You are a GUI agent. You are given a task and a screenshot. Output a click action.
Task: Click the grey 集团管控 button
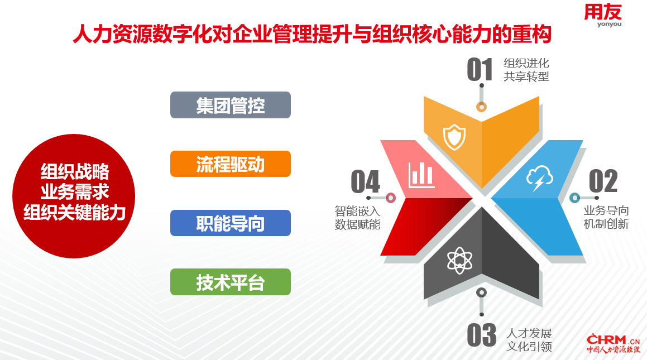point(230,105)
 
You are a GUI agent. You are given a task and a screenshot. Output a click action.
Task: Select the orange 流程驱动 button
point(230,164)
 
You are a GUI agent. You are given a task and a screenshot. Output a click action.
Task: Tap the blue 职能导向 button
point(230,223)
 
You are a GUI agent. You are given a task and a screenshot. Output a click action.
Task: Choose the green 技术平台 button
point(230,282)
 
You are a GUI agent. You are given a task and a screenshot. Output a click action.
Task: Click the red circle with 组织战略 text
point(74,196)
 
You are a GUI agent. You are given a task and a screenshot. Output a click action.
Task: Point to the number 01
point(480,69)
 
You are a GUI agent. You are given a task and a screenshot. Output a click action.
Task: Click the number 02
point(603,181)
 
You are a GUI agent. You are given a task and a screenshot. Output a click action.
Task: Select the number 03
point(481,335)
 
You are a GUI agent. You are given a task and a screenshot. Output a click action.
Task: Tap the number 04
point(365,181)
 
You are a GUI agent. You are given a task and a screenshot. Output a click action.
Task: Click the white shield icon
point(454,137)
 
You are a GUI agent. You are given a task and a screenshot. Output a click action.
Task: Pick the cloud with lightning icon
point(539,178)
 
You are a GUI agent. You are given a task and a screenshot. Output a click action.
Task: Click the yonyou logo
point(603,15)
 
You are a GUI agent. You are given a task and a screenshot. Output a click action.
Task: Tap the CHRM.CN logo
point(613,343)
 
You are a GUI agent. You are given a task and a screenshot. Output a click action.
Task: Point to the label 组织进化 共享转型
point(526,70)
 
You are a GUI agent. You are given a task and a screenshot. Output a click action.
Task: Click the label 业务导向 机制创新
point(606,217)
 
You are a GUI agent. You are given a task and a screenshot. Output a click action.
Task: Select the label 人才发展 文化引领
point(529,340)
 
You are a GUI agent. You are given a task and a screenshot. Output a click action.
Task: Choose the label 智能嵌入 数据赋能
point(357,218)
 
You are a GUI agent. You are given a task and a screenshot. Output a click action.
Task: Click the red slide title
point(313,34)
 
